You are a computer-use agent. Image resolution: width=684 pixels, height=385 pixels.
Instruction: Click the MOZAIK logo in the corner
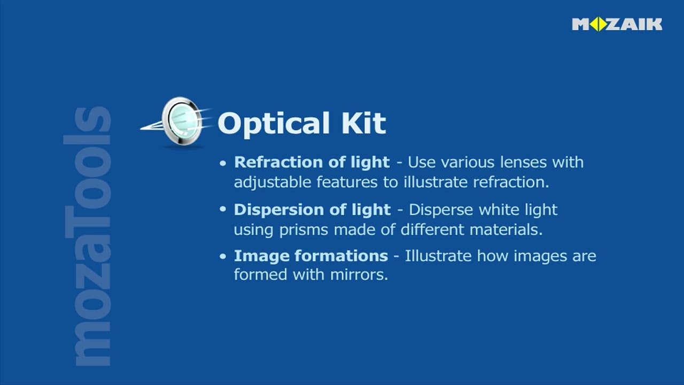(617, 24)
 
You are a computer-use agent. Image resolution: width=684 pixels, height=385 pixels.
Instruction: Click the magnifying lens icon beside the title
(181, 121)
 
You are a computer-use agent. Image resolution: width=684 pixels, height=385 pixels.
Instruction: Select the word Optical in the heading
(273, 124)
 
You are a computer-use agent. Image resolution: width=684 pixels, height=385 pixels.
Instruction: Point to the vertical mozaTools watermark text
(88, 235)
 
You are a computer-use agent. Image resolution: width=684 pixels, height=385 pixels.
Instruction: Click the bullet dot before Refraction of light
(223, 163)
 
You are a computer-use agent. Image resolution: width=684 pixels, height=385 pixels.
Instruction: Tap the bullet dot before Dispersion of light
(223, 210)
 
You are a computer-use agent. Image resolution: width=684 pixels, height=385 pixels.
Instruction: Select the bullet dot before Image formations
(223, 257)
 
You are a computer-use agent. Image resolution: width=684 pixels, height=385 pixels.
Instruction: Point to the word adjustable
(273, 183)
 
